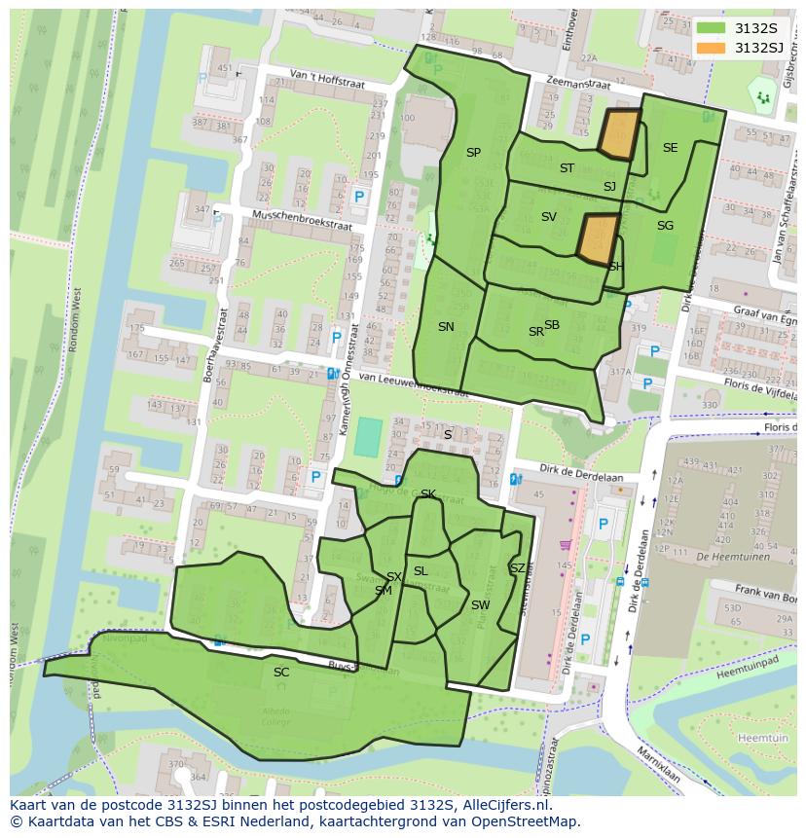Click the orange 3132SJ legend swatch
711,48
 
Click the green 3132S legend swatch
711,27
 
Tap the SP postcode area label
473,153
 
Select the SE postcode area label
670,148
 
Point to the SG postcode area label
665,226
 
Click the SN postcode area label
446,327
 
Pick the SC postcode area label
281,673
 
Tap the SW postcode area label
480,605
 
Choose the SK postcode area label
427,494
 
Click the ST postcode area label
567,168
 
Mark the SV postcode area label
548,217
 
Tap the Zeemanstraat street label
577,86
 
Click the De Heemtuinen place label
735,557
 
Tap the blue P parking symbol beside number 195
359,198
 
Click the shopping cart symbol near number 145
564,544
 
